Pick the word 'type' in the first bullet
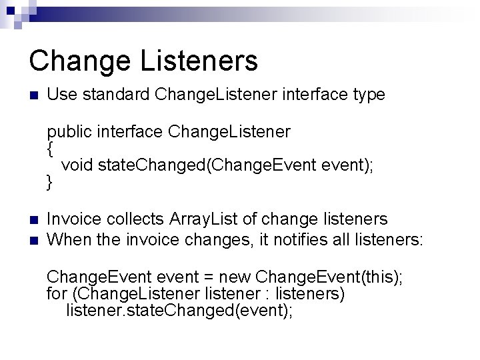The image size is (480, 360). tap(368, 95)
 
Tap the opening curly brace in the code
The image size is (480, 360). tap(50, 149)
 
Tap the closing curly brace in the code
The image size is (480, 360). tap(50, 181)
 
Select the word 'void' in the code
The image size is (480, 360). tap(77, 165)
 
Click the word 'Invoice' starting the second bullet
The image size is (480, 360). tap(74, 218)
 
